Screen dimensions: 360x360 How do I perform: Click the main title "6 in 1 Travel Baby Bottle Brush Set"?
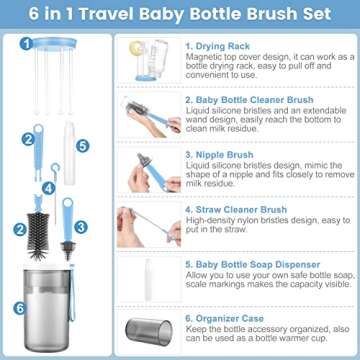pyautogui.click(x=180, y=16)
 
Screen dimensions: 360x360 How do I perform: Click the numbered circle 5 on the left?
pyautogui.click(x=83, y=145)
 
